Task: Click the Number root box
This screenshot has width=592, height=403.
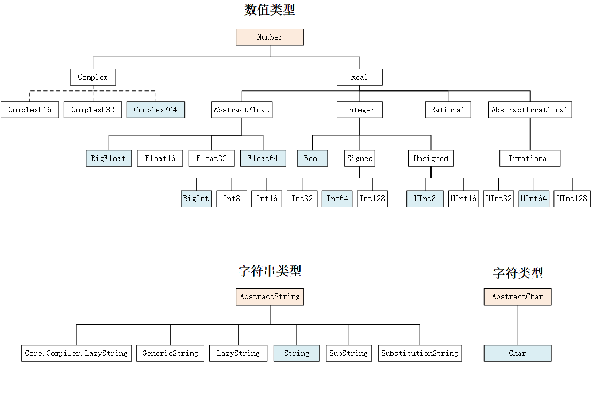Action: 270,37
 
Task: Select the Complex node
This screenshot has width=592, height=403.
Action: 93,77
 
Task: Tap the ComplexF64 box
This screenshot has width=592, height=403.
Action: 156,110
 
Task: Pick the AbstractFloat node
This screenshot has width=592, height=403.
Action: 242,110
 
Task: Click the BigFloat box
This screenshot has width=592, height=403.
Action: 109,158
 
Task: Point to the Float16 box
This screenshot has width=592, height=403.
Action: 160,158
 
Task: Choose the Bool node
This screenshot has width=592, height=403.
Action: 312,158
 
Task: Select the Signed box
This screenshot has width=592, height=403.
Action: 360,158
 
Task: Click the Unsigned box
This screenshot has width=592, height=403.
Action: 431,158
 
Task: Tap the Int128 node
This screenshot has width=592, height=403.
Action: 372,199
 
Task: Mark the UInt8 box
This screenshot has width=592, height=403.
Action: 425,199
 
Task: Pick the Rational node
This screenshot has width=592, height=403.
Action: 448,110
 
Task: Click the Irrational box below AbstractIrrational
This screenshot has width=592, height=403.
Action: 529,158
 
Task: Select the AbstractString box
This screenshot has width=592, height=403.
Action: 270,296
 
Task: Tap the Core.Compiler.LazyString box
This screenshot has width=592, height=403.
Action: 76,353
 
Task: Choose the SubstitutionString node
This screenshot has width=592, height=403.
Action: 420,353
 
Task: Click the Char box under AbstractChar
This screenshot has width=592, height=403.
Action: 517,353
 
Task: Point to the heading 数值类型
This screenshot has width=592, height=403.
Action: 270,10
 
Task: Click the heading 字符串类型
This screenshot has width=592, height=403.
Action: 270,271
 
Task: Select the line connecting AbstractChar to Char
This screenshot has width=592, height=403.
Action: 517,325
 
